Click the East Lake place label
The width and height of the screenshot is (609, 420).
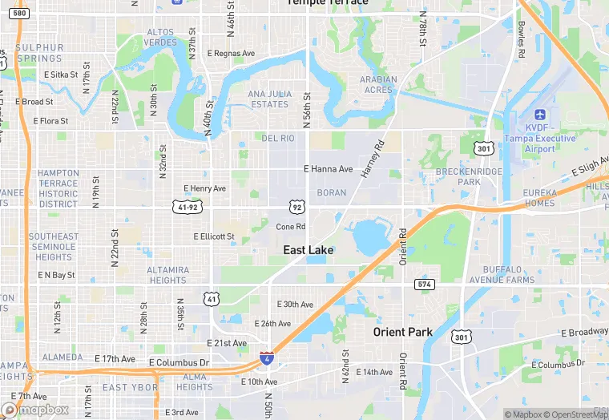(308, 250)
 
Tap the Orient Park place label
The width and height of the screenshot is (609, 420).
(402, 332)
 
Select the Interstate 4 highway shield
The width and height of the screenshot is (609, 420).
(266, 358)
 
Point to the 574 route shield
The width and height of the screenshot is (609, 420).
(425, 285)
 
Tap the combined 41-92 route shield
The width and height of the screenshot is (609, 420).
(187, 207)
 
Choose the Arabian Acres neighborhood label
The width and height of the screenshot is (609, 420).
(377, 84)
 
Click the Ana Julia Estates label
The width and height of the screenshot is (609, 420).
(268, 99)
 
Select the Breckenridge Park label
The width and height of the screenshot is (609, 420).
(469, 177)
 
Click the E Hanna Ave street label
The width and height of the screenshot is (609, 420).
(328, 169)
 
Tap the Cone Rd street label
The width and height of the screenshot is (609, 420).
(291, 227)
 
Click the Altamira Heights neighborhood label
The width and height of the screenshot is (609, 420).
(167, 275)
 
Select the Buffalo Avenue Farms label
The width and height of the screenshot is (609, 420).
(519, 275)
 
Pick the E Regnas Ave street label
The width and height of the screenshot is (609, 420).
(231, 54)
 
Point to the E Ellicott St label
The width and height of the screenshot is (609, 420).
(214, 236)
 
